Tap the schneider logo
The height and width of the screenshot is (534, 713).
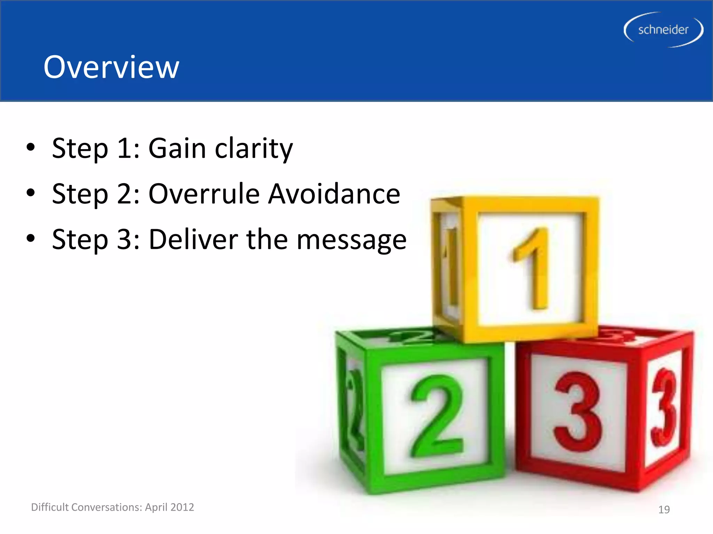pyautogui.click(x=663, y=30)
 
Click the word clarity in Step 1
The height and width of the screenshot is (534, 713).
pyautogui.click(x=254, y=148)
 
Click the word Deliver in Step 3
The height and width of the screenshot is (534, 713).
pyautogui.click(x=194, y=240)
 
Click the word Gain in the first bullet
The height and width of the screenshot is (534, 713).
pyautogui.click(x=177, y=148)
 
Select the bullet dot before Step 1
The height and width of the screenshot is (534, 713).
pyautogui.click(x=31, y=147)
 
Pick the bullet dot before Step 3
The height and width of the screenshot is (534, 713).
pyautogui.click(x=31, y=238)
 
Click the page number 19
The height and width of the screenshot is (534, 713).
pyautogui.click(x=664, y=510)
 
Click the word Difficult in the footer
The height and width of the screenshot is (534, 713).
pyautogui.click(x=50, y=507)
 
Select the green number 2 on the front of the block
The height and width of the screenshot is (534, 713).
pyautogui.click(x=437, y=416)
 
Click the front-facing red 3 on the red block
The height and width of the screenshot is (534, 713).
pyautogui.click(x=578, y=412)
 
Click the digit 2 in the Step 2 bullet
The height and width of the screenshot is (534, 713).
pyautogui.click(x=125, y=194)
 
